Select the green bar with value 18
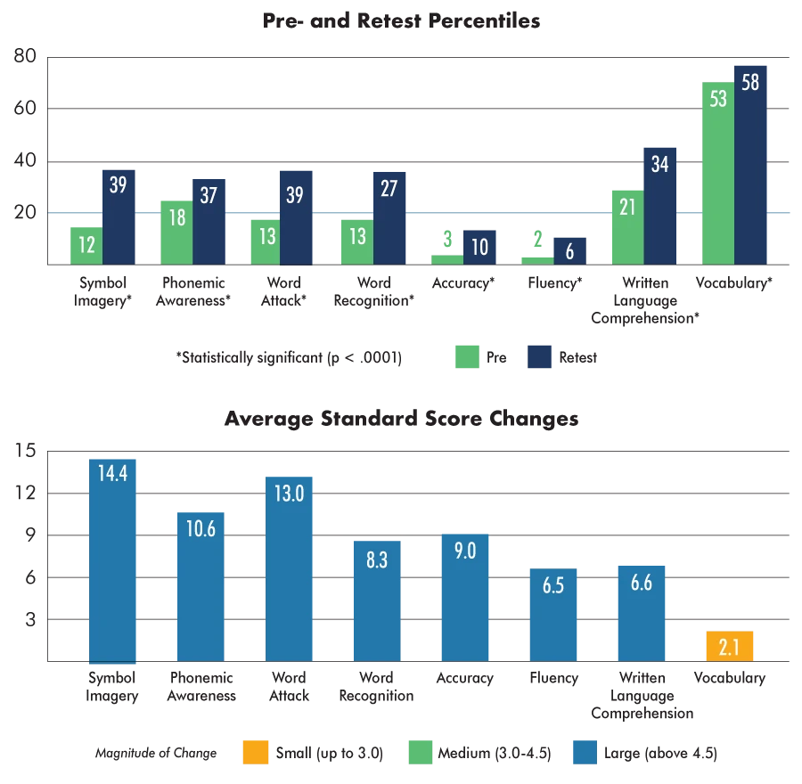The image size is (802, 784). [x=176, y=232]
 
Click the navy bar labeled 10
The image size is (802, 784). [x=480, y=247]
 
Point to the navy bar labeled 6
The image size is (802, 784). [x=570, y=250]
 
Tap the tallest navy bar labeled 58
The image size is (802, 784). [x=751, y=165]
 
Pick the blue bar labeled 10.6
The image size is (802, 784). [x=201, y=584]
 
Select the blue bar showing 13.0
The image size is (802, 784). [x=289, y=567]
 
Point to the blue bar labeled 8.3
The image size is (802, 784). [x=378, y=600]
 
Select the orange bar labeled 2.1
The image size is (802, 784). [x=731, y=646]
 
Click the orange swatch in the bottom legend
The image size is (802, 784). [x=256, y=753]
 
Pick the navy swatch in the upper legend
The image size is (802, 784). [x=542, y=356]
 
